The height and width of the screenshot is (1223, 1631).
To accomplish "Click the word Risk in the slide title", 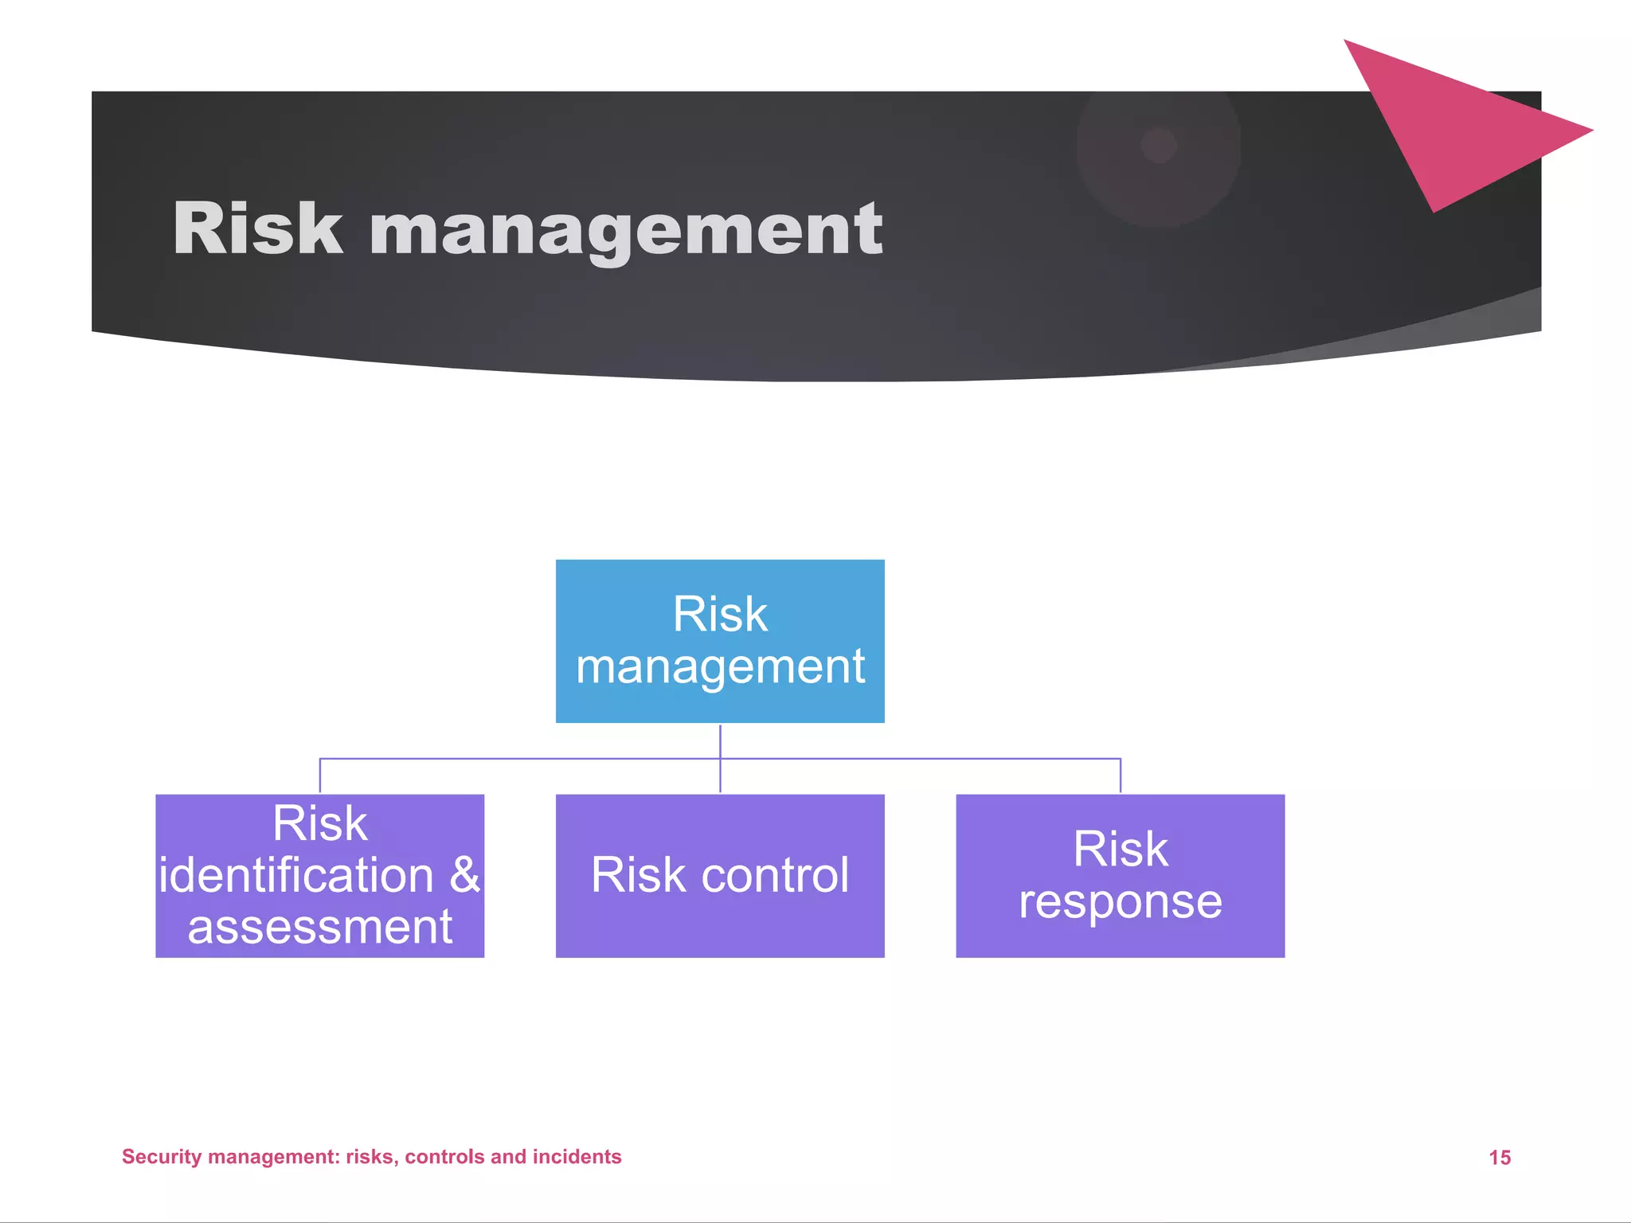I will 257,229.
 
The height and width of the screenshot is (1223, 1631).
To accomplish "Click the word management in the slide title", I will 626,231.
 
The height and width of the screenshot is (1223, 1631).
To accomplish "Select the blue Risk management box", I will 719,641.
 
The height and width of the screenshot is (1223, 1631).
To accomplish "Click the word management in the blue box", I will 720,667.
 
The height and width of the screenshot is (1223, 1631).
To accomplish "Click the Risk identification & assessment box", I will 319,875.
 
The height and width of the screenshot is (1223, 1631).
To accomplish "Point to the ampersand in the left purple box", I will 464,875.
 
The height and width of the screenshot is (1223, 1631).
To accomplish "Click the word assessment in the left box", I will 319,927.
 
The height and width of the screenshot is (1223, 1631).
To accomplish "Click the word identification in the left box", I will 296,875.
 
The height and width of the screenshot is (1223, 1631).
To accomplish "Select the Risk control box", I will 719,875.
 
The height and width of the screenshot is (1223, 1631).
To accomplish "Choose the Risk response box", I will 1120,875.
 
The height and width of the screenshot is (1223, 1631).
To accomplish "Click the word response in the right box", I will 1120,901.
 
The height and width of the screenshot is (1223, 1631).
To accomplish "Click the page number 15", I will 1500,1158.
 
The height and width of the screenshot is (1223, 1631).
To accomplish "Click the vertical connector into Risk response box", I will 1121,776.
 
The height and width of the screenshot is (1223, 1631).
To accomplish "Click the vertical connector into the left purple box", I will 319,776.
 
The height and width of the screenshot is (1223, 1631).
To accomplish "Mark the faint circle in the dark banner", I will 1159,146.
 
